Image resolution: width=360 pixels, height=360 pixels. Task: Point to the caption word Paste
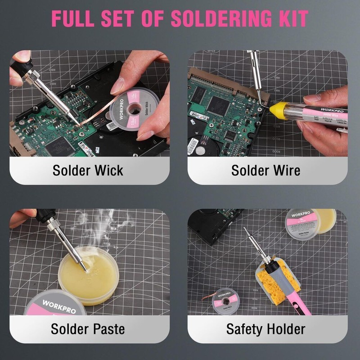[x=106, y=329]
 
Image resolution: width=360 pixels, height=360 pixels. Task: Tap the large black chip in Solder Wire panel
[x=218, y=105]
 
